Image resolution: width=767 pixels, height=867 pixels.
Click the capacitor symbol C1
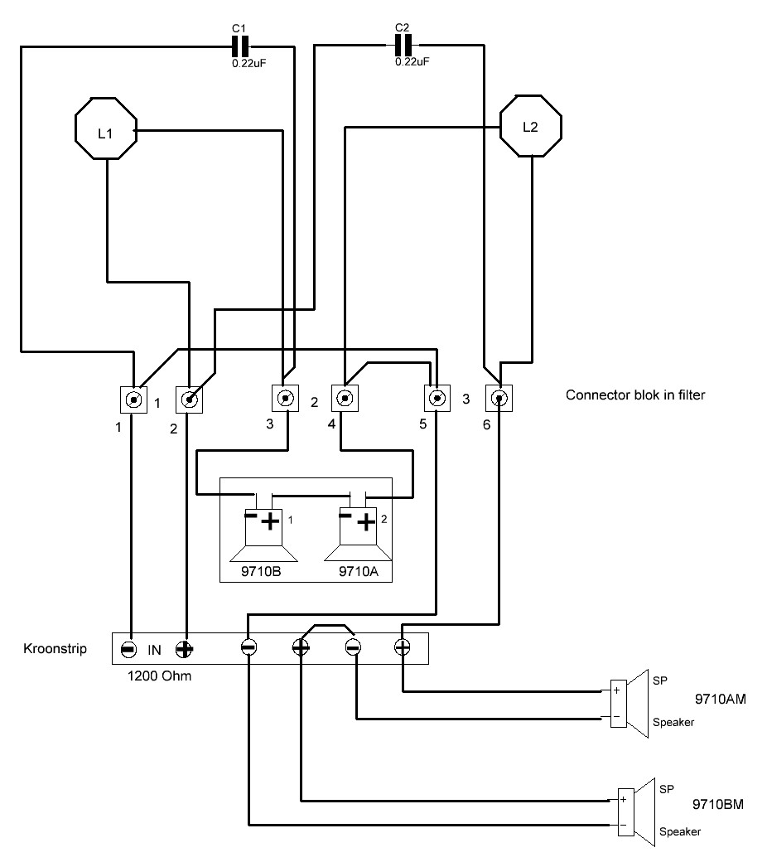[x=240, y=47]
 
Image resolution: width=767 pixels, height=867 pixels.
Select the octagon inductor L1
[x=105, y=128]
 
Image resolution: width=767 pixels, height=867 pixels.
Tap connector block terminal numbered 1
[x=133, y=400]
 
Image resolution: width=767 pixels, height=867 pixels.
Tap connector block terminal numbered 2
[x=189, y=400]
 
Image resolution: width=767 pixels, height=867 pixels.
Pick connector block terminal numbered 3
[x=286, y=398]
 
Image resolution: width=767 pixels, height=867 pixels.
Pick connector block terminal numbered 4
[x=345, y=398]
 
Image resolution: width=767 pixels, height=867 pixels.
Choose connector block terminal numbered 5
[x=437, y=398]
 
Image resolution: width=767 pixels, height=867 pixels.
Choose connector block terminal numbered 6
[x=499, y=398]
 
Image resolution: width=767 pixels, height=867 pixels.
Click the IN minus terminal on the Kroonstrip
[x=128, y=649]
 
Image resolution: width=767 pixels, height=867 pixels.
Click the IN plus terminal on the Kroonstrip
[x=184, y=649]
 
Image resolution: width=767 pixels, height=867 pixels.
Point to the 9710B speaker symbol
[x=263, y=535]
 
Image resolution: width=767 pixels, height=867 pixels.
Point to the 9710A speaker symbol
[x=358, y=535]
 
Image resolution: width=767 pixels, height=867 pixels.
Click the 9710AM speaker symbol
[x=629, y=704]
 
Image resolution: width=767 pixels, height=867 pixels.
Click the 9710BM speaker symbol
[x=636, y=813]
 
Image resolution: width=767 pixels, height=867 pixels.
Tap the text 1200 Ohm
[x=159, y=676]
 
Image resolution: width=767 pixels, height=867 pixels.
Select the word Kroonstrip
[x=55, y=648]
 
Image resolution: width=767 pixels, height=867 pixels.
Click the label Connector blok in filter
[x=635, y=395]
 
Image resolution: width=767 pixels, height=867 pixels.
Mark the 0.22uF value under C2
[x=412, y=61]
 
